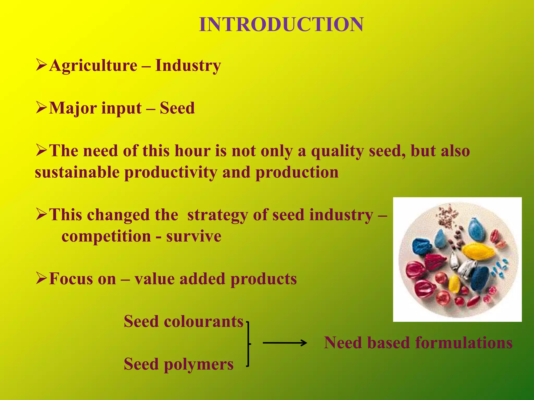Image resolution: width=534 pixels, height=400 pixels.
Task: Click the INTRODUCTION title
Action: point(281,24)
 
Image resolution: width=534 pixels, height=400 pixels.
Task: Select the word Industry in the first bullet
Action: point(188,65)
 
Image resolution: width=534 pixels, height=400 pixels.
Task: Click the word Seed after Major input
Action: point(177,108)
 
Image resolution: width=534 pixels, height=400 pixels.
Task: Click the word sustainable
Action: point(77,172)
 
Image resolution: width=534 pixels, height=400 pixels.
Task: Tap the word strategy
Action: point(217,216)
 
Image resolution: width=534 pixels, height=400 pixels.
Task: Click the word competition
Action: point(106,236)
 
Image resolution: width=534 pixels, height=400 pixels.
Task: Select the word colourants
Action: point(203,321)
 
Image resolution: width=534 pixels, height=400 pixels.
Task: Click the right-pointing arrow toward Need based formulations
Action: point(285,343)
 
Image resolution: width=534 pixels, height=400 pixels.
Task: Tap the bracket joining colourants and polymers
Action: point(248,344)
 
